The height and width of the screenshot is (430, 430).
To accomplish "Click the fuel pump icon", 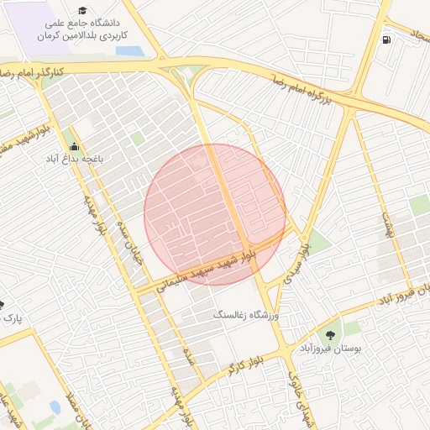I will coord(385,39).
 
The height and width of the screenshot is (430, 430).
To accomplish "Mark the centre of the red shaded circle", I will coord(215,214).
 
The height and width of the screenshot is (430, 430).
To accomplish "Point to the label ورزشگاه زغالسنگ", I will coord(247,314).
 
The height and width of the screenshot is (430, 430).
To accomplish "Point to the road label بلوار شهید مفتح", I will coord(17,139).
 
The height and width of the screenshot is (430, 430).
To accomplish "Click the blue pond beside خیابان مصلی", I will coord(55,407).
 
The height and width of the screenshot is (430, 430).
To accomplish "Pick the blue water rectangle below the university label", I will coord(130,50).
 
